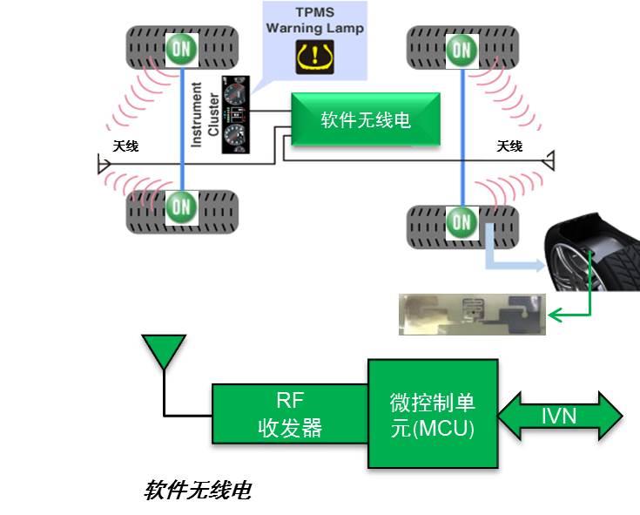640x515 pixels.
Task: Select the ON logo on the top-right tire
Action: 462,48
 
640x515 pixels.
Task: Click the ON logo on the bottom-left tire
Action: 180,206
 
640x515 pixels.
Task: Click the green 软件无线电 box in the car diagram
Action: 366,119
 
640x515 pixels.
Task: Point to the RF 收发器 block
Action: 289,413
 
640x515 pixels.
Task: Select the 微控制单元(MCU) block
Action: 433,413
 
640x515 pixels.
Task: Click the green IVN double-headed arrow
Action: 560,415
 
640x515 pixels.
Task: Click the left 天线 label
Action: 125,146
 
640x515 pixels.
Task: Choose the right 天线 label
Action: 509,146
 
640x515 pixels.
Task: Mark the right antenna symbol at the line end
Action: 550,160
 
